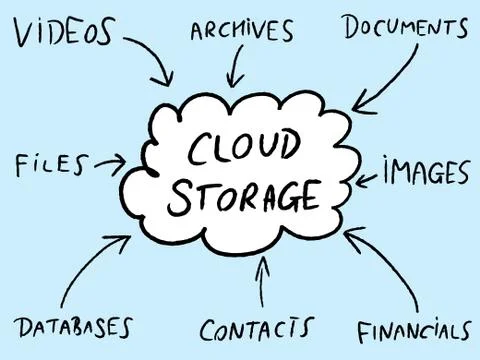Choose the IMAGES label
pyautogui.click(x=425, y=173)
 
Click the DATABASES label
pyautogui.click(x=74, y=327)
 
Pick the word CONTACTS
pyautogui.click(x=256, y=329)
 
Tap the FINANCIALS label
pyautogui.click(x=413, y=331)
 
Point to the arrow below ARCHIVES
pyautogui.click(x=237, y=67)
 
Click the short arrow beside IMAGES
pyautogui.click(x=367, y=178)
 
